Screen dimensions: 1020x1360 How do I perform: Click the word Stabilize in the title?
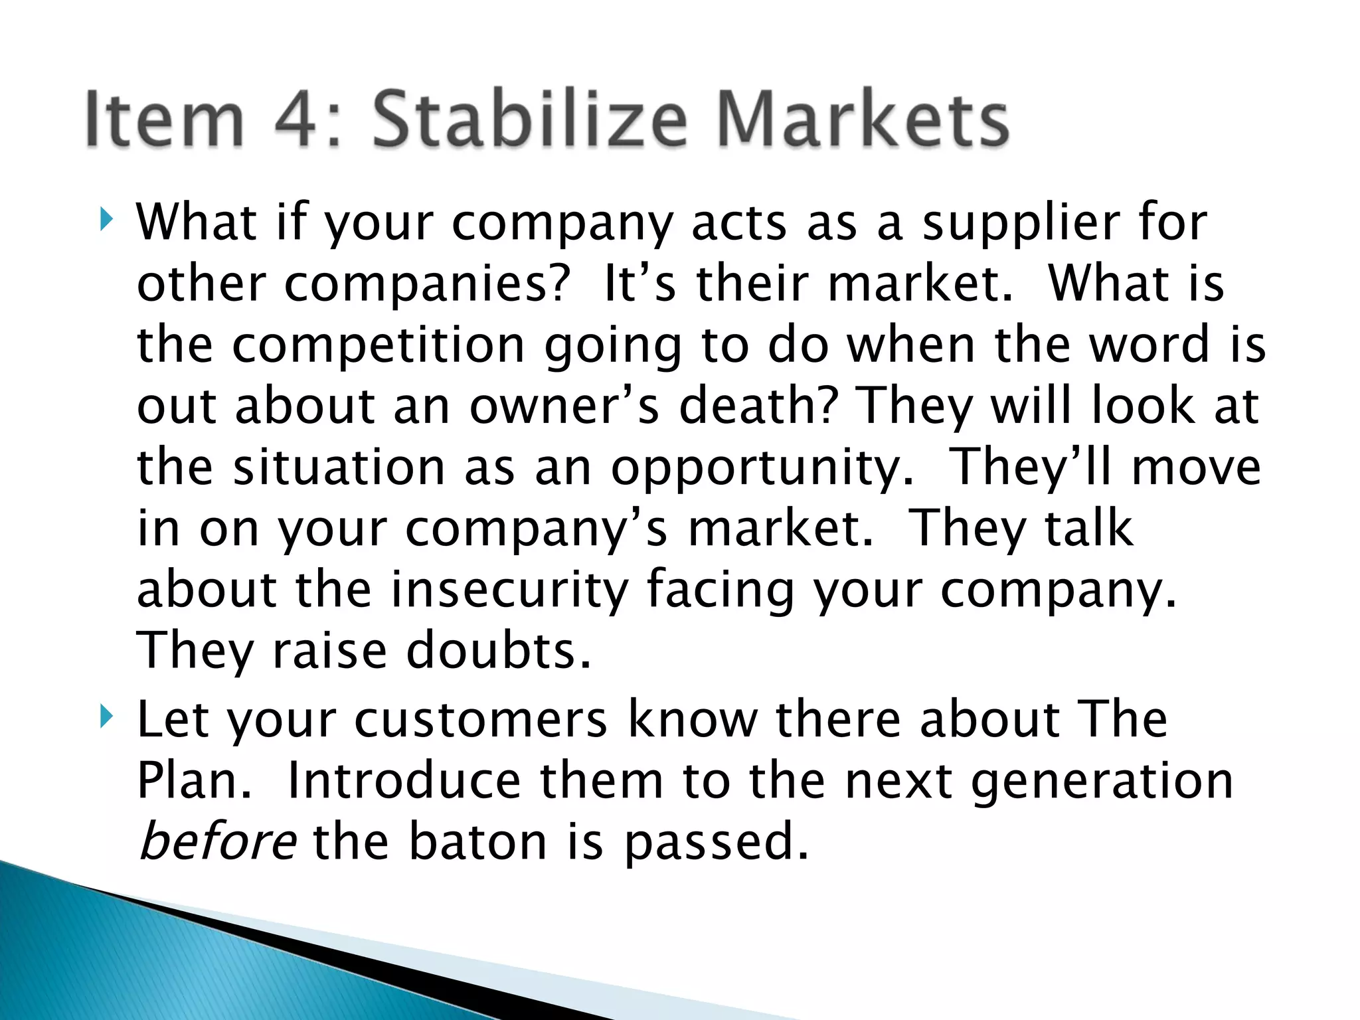(x=529, y=120)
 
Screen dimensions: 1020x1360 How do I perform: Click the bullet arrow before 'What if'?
(x=106, y=220)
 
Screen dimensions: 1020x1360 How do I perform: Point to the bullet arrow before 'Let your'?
(x=106, y=717)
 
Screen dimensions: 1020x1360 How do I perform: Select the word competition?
(x=379, y=345)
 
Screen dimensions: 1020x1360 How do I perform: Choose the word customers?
(x=481, y=720)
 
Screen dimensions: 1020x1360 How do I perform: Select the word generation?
(x=1102, y=782)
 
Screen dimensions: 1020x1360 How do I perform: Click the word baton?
(x=478, y=841)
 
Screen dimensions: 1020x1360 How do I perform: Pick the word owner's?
(x=564, y=406)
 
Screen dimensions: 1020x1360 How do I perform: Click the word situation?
(x=339, y=467)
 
